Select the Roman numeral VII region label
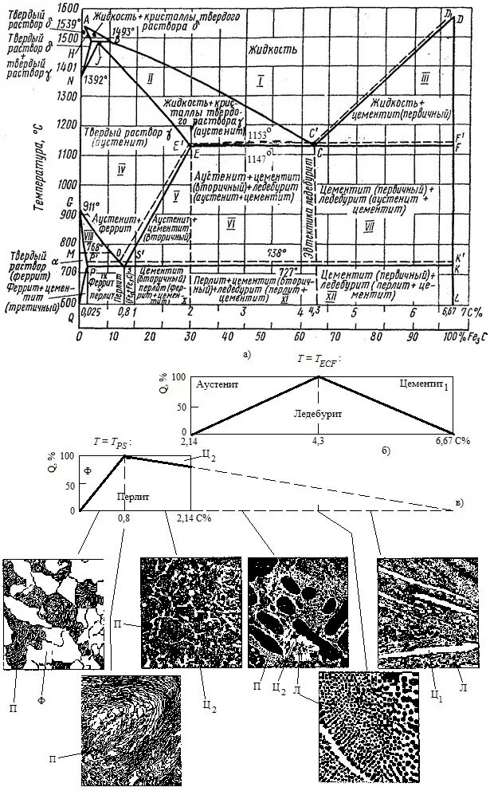(x=368, y=226)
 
